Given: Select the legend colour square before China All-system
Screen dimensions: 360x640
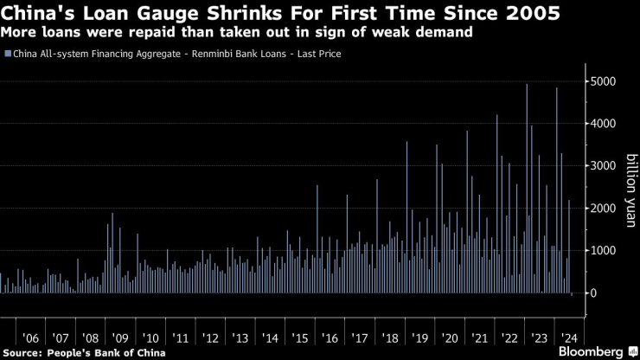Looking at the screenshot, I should click(8, 54).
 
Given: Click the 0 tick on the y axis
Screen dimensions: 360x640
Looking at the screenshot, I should click(592, 293).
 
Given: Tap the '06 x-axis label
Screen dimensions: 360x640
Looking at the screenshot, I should click(30, 337).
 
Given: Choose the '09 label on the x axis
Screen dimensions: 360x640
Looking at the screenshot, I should click(120, 337).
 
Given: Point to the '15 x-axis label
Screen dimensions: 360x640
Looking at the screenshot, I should click(300, 337).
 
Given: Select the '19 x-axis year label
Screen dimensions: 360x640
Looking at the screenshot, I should click(419, 337).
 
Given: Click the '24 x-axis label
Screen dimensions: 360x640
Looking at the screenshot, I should click(569, 337).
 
